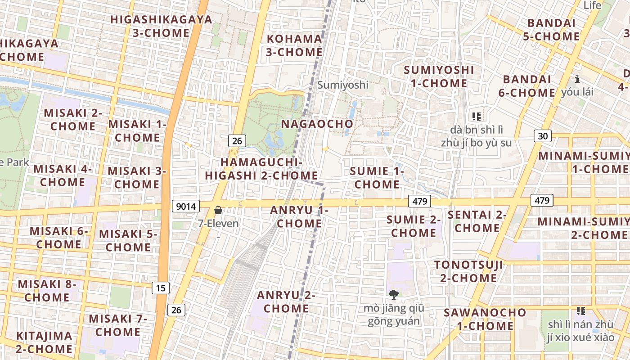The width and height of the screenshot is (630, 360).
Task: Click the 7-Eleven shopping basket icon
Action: (x=218, y=210)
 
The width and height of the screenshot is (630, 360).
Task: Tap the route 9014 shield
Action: (x=186, y=207)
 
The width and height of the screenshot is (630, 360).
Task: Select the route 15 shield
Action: (x=160, y=288)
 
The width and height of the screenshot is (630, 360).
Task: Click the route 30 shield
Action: (x=543, y=135)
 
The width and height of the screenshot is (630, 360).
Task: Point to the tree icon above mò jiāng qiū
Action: (x=394, y=295)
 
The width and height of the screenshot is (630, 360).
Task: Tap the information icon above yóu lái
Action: (x=577, y=79)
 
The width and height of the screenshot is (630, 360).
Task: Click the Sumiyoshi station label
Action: (x=343, y=85)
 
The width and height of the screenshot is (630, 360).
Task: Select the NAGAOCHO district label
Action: (x=317, y=124)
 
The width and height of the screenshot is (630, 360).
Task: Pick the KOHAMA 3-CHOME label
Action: (x=294, y=45)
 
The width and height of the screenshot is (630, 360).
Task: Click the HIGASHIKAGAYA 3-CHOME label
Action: (x=161, y=26)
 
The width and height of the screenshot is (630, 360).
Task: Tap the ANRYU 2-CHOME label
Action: (x=286, y=302)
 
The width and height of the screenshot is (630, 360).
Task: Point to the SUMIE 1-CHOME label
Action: (x=377, y=178)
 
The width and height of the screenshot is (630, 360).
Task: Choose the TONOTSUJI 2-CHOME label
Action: (x=468, y=271)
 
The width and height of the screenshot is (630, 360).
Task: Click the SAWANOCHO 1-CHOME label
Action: (x=485, y=319)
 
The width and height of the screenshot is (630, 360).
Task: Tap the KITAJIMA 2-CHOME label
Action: (x=44, y=342)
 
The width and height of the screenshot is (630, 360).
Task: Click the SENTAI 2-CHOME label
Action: (x=477, y=221)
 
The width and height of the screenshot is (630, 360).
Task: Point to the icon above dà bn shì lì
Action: (x=477, y=117)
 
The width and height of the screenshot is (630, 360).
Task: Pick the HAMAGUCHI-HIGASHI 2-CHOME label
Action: (x=261, y=169)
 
